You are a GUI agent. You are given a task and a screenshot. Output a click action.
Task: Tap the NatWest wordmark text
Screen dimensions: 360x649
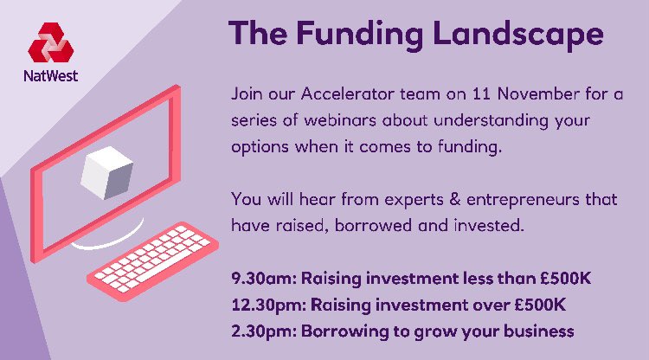pos(51,75)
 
